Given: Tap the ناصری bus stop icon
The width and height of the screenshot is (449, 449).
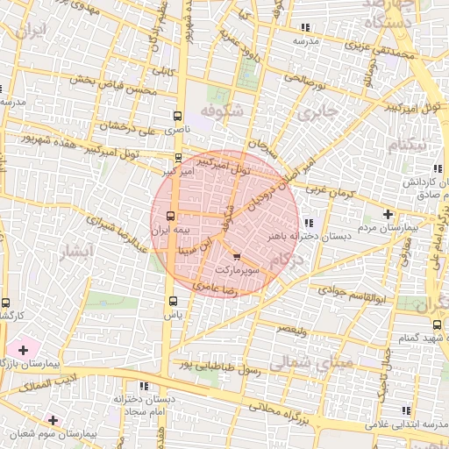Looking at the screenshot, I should tap(179, 116).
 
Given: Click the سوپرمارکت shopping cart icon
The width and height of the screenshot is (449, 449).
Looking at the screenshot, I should tap(238, 258).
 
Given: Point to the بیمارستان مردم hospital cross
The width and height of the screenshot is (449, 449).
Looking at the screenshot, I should tap(388, 214).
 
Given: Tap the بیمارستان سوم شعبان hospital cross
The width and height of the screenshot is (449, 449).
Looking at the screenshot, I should tap(53, 421).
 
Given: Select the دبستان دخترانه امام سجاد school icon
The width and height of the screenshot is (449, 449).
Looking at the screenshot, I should tap(143, 385).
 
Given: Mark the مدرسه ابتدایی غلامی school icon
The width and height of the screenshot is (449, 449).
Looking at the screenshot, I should tap(404, 410).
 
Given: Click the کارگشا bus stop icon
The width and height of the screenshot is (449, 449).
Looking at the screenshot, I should tap(6, 303).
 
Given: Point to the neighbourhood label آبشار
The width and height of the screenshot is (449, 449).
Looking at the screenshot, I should tap(74, 254).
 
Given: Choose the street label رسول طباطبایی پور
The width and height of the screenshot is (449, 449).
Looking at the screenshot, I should tap(219, 366).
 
